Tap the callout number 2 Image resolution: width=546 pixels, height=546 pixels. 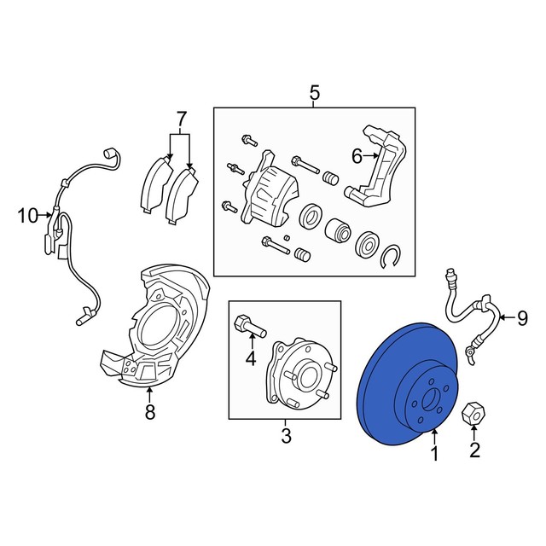474,450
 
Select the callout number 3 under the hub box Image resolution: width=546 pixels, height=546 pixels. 286,436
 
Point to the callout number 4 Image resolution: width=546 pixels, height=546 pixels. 250,358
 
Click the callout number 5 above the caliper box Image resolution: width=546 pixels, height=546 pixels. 314,93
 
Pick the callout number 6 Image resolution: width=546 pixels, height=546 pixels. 357,157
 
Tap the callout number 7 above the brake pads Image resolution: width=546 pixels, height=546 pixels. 181,119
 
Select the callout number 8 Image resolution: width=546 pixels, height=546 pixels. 150,412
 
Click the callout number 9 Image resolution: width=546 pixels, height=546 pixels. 522,318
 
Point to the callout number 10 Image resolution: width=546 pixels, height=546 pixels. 28,216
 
